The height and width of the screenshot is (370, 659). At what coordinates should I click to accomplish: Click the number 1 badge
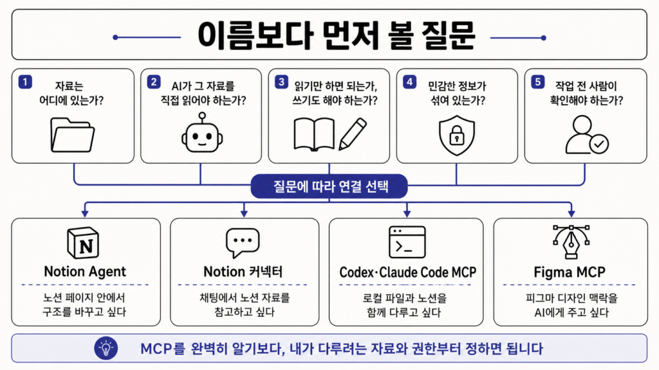click(x=25, y=82)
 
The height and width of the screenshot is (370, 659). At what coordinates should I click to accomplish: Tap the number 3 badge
click(x=281, y=82)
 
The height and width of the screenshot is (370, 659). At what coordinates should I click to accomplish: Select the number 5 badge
click(x=537, y=82)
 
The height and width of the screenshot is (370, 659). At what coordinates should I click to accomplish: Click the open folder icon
click(x=72, y=135)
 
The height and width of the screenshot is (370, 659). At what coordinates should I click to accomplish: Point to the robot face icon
click(x=202, y=132)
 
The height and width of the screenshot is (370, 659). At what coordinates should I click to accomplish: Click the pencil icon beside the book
click(x=352, y=134)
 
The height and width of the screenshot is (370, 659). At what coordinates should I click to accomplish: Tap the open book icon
click(x=314, y=134)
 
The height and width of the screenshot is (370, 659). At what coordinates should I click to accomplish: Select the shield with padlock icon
click(x=457, y=135)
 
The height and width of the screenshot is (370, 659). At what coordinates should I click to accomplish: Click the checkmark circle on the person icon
click(x=599, y=145)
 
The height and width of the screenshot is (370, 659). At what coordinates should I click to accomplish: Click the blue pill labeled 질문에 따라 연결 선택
click(x=329, y=186)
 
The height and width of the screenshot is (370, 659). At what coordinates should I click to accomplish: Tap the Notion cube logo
click(x=83, y=243)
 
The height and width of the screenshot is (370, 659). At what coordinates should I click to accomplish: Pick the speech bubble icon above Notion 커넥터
click(x=243, y=243)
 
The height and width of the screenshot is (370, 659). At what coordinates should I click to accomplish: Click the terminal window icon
click(x=407, y=242)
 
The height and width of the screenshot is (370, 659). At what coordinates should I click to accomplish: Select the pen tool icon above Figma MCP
click(x=571, y=242)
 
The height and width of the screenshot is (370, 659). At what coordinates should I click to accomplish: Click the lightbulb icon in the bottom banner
click(x=106, y=348)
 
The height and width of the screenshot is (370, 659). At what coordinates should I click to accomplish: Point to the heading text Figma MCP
click(x=570, y=272)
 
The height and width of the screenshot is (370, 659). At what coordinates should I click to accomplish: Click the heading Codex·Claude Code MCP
click(x=407, y=272)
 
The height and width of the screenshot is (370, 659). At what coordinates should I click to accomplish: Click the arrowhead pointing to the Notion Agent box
click(x=85, y=213)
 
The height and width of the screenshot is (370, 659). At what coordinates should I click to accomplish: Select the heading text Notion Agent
click(x=85, y=272)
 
